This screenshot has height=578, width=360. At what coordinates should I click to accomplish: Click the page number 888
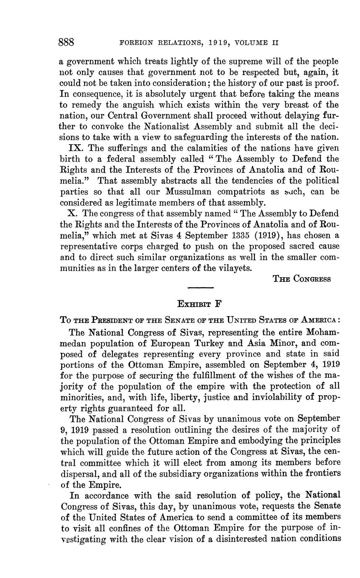[66, 42]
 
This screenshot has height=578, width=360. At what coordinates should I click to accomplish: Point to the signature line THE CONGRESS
[302, 279]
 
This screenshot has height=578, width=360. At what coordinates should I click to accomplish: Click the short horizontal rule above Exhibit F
[200, 287]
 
